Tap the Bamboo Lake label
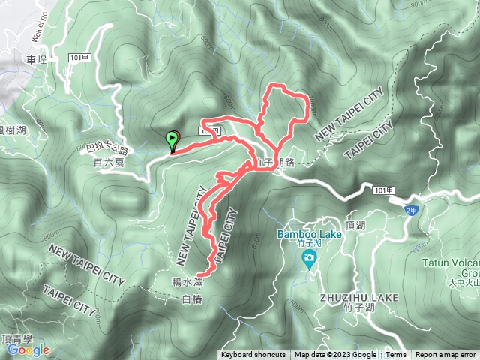point(309,234)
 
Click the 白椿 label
point(193,299)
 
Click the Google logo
point(28,349)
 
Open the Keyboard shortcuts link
point(253,355)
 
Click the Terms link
point(396,355)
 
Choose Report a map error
point(446,355)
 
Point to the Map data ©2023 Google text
point(335,355)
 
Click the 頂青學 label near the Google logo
point(16,338)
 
